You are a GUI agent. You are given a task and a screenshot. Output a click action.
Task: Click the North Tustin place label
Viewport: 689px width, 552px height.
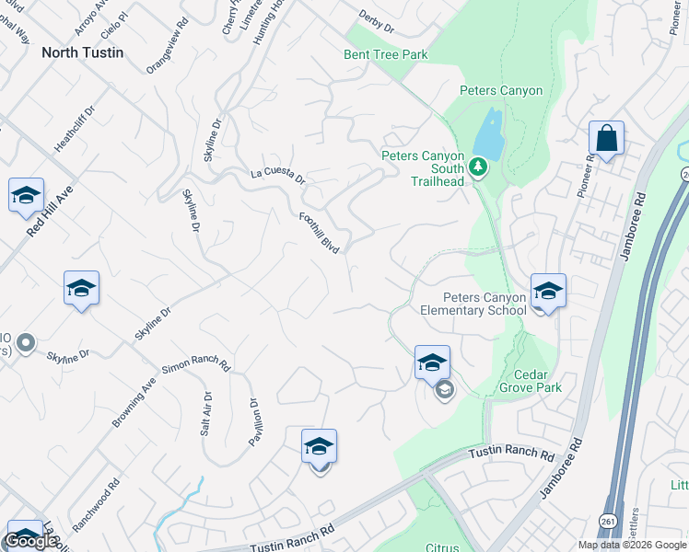click(82, 52)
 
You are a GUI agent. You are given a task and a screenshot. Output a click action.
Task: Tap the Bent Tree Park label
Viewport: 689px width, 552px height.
click(386, 55)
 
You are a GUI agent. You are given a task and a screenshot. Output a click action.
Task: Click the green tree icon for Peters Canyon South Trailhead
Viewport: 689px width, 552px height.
click(477, 167)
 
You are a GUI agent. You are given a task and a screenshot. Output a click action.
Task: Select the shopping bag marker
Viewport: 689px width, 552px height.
click(607, 139)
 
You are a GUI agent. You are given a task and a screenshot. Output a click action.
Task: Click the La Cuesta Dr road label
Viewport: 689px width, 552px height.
click(277, 175)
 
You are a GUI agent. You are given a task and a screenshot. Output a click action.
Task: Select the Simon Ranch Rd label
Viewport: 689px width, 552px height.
click(196, 365)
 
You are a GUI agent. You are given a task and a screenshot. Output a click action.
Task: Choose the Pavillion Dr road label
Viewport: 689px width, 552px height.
click(254, 420)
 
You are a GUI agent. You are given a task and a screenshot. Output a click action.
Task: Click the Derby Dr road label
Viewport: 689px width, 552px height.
click(375, 22)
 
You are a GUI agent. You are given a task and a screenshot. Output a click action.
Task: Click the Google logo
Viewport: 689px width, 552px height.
click(30, 541)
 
